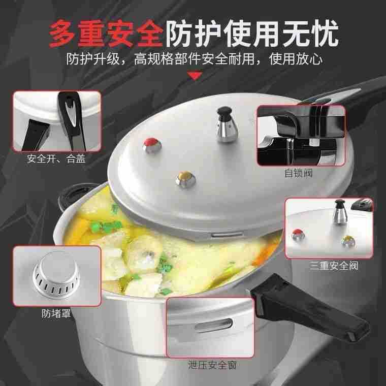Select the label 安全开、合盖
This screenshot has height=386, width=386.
pos(56,159)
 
